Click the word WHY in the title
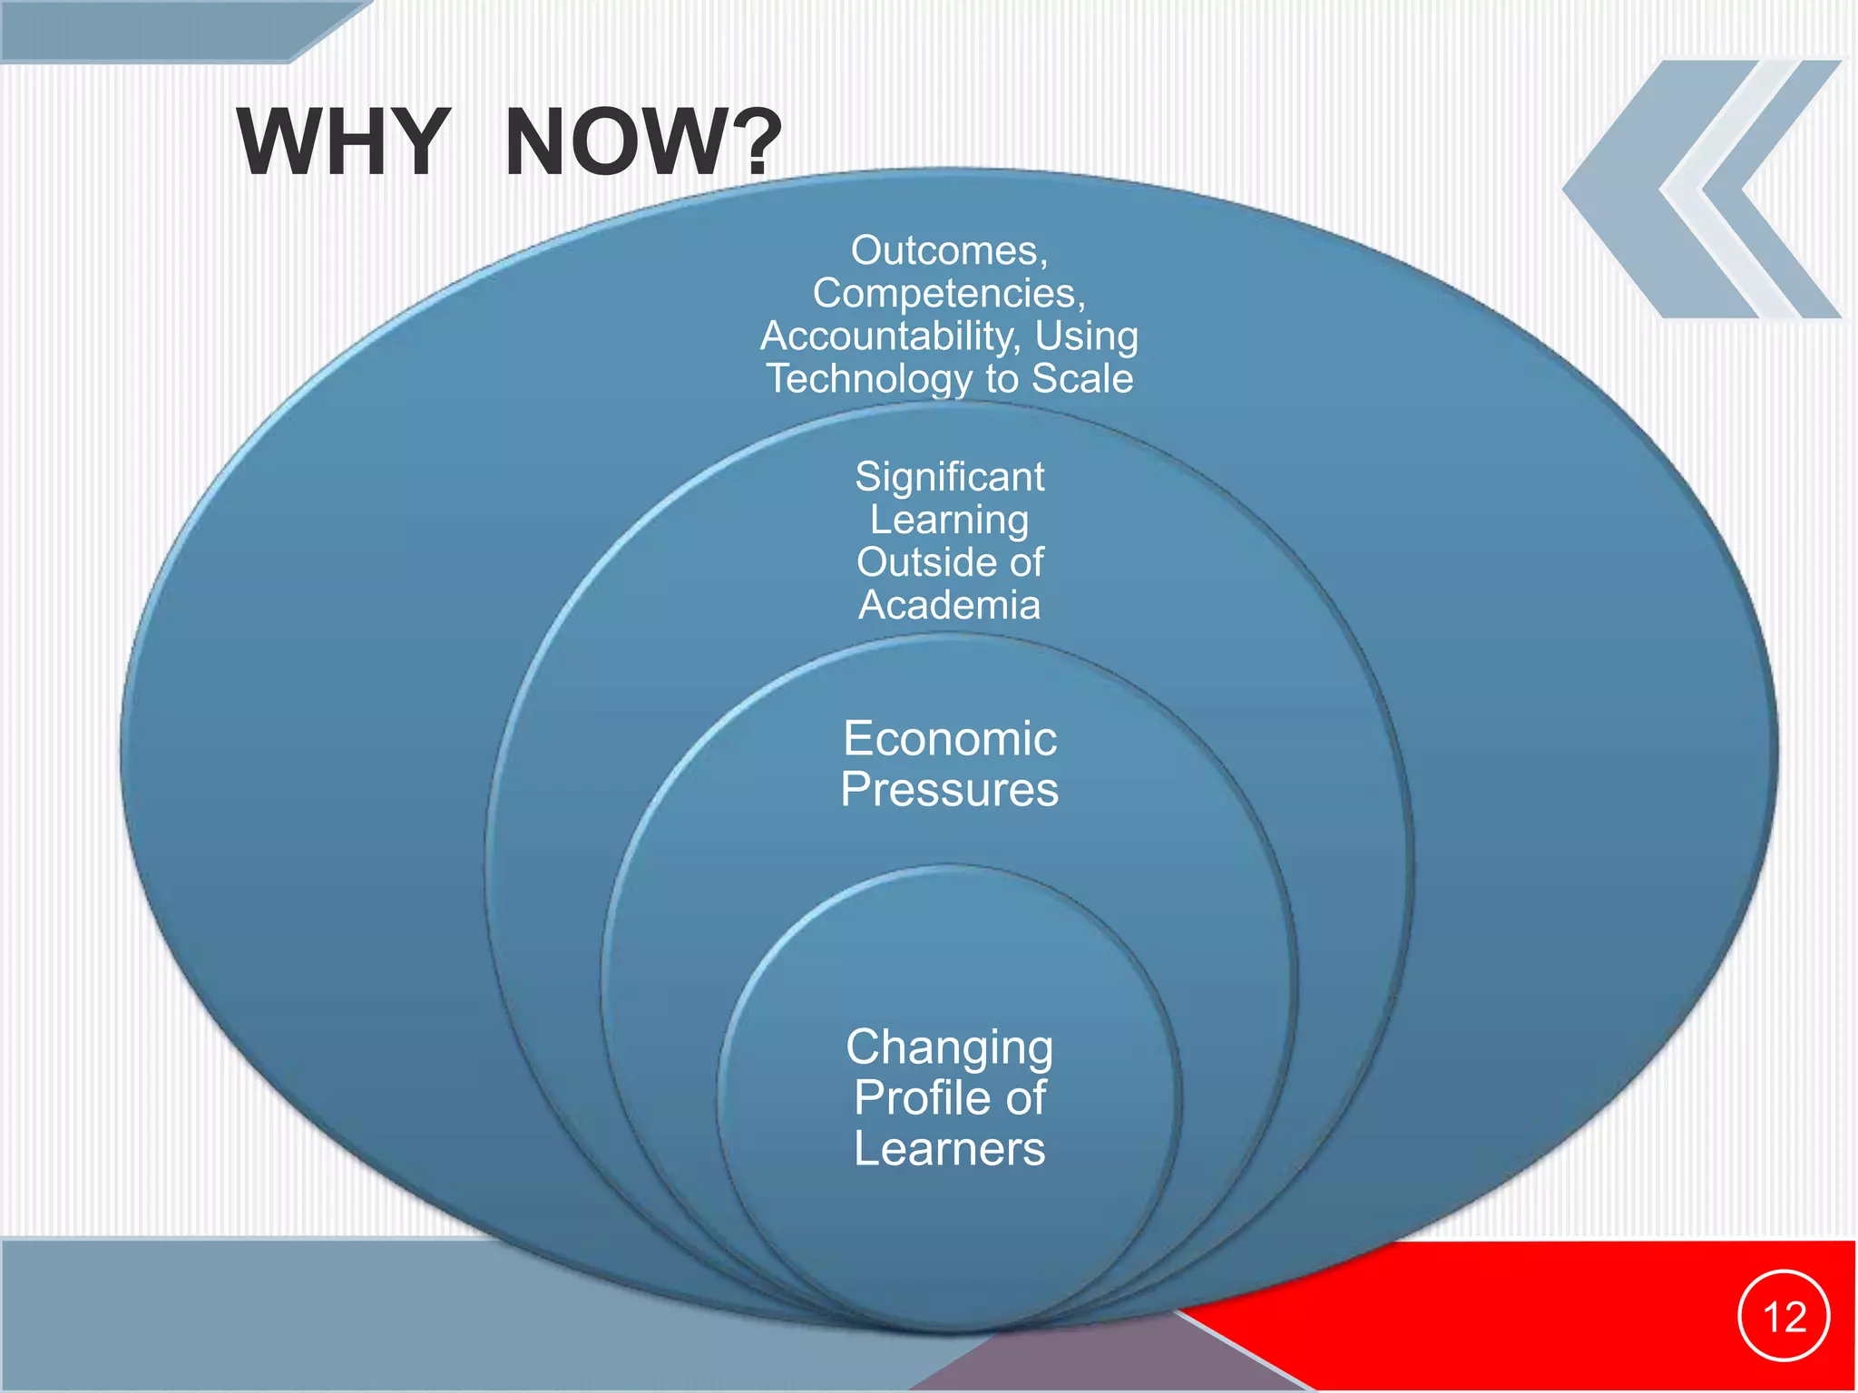(x=343, y=142)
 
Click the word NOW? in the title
(x=642, y=142)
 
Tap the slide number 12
(x=1784, y=1316)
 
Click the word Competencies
(x=944, y=293)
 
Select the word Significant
(x=949, y=477)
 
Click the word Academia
(x=949, y=605)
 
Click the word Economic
(x=949, y=739)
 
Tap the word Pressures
(x=949, y=789)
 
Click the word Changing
(x=949, y=1048)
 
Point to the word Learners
(x=949, y=1148)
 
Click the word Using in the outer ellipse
(x=1086, y=336)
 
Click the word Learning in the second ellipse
(x=949, y=520)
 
